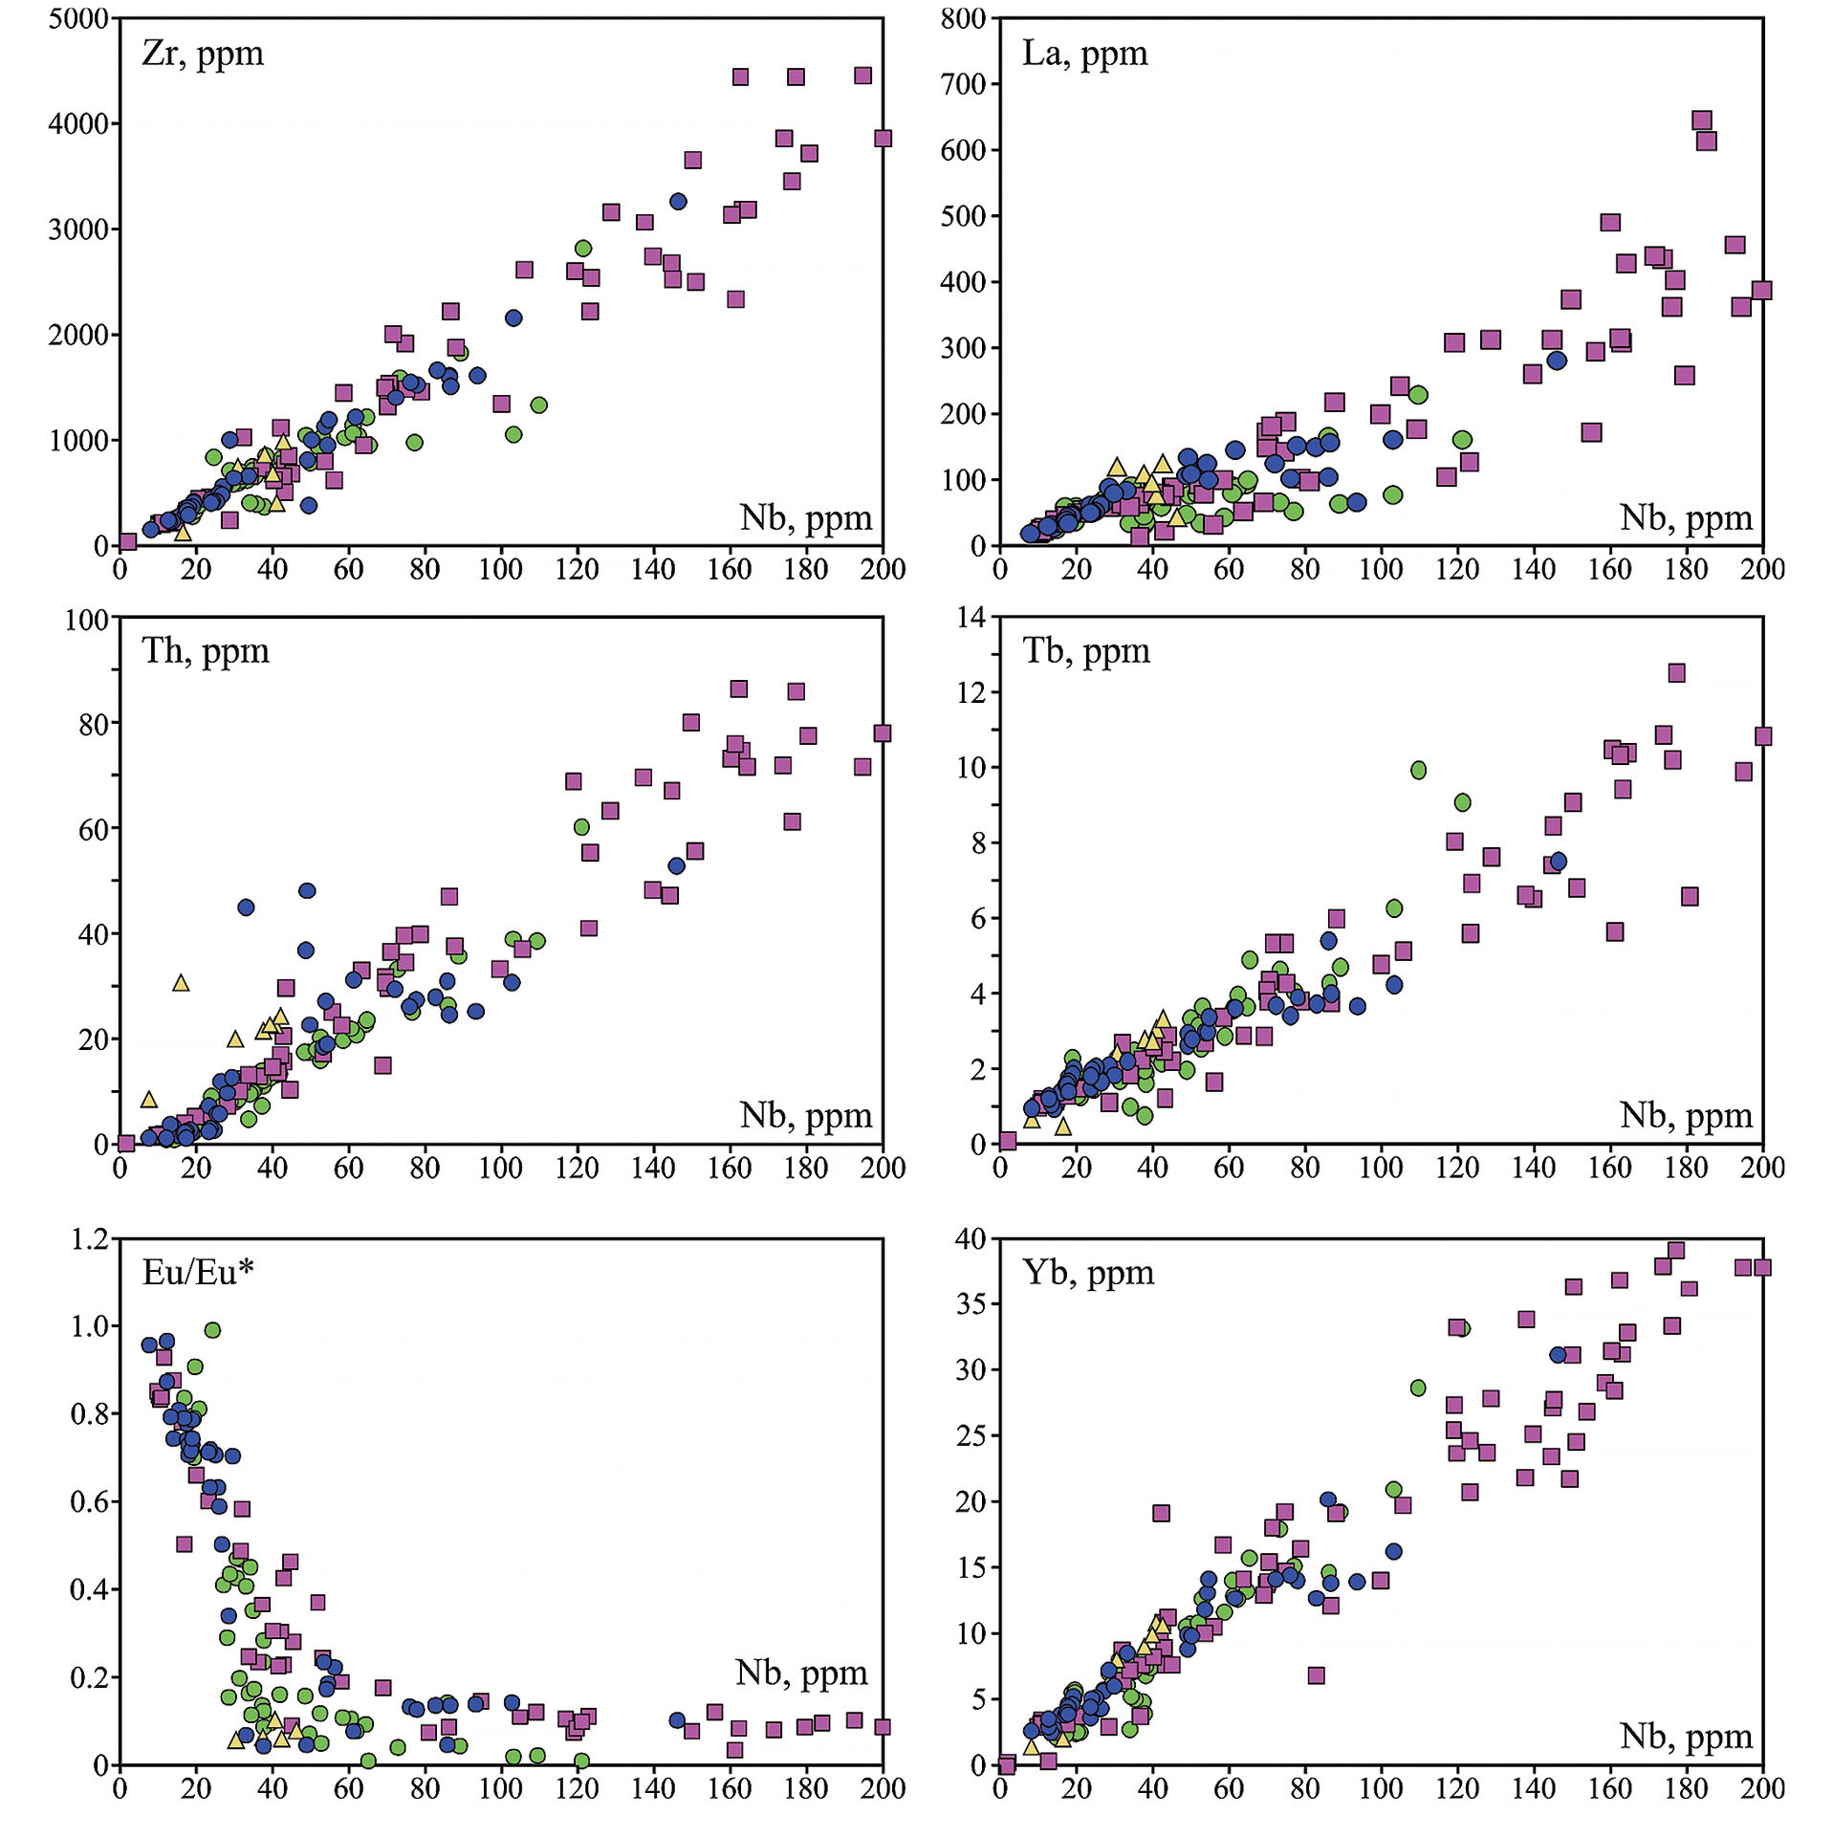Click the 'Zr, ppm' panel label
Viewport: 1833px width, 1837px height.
point(203,54)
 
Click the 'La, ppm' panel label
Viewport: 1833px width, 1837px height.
point(1084,54)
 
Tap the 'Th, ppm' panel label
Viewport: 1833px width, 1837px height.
point(206,651)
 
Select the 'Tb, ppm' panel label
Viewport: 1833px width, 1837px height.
point(1086,651)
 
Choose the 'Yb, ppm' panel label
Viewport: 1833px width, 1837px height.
point(1088,1273)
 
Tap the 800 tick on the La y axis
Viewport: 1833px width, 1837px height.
point(963,19)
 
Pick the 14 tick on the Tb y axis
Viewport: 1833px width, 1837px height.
point(971,618)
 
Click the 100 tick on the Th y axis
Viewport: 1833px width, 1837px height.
point(86,620)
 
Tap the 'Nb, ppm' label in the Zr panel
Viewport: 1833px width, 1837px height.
point(805,518)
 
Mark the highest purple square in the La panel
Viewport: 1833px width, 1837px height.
point(1701,120)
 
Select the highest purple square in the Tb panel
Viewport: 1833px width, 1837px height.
point(1676,673)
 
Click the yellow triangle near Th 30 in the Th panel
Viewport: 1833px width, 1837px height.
point(181,983)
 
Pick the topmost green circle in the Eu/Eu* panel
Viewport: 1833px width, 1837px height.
point(212,1330)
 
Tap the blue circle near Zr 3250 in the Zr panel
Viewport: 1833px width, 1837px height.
point(678,202)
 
